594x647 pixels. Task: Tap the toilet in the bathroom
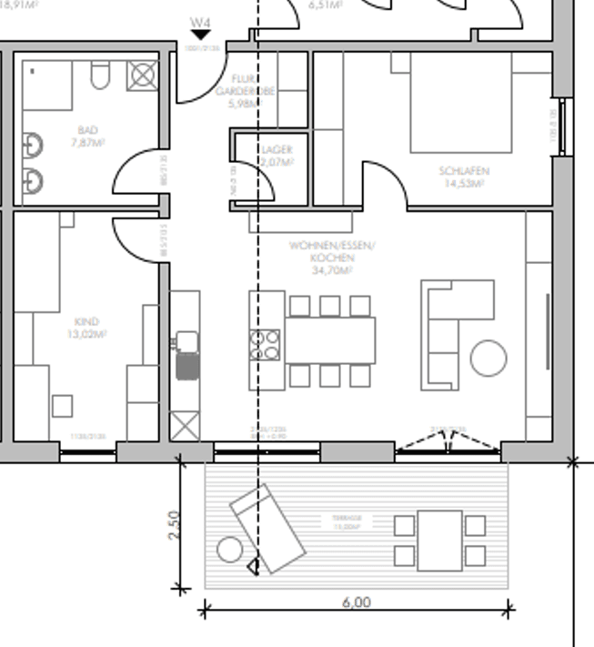pos(100,76)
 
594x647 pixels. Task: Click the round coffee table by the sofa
pos(488,358)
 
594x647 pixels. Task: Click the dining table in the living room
pos(330,340)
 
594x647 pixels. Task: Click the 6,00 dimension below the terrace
pos(357,602)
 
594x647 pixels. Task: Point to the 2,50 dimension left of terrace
pos(175,524)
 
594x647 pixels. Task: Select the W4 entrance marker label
pos(200,21)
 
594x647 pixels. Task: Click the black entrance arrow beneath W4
pos(200,35)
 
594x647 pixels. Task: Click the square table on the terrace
pos(440,540)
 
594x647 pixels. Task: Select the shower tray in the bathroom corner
pos(142,75)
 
